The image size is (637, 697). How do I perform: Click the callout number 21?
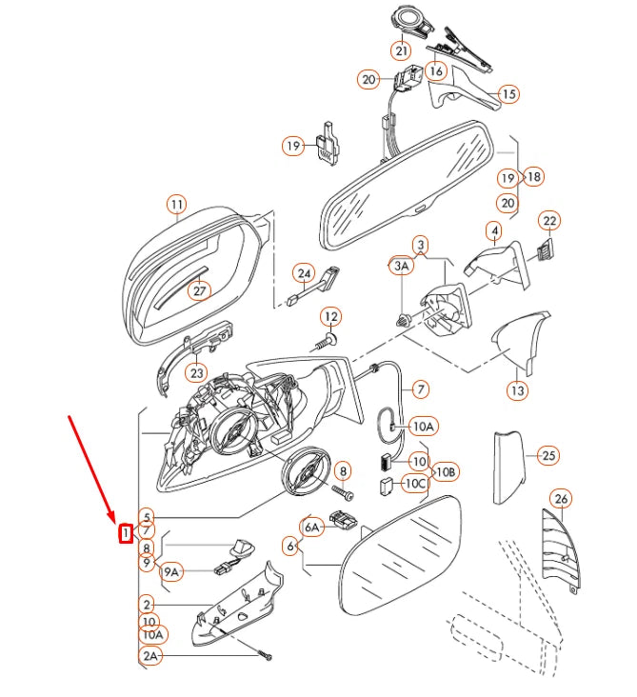(x=401, y=50)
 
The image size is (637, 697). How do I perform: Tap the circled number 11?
(x=176, y=204)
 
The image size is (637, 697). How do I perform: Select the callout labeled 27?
(x=199, y=290)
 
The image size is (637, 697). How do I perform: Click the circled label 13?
(x=516, y=390)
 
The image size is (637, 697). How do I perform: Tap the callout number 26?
(x=561, y=499)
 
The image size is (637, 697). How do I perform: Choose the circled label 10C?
(x=415, y=484)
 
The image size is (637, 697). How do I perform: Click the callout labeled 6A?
(x=312, y=527)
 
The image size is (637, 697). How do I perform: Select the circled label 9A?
(x=172, y=572)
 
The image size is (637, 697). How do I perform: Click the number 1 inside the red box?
(x=125, y=534)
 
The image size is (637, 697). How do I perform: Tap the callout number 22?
(x=548, y=221)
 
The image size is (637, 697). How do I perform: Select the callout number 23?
(x=195, y=373)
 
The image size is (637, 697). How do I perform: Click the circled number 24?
(x=303, y=274)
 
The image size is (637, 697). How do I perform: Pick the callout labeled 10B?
(x=446, y=471)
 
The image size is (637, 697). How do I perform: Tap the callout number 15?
(x=508, y=94)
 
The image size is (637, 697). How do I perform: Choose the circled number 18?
(x=533, y=177)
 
